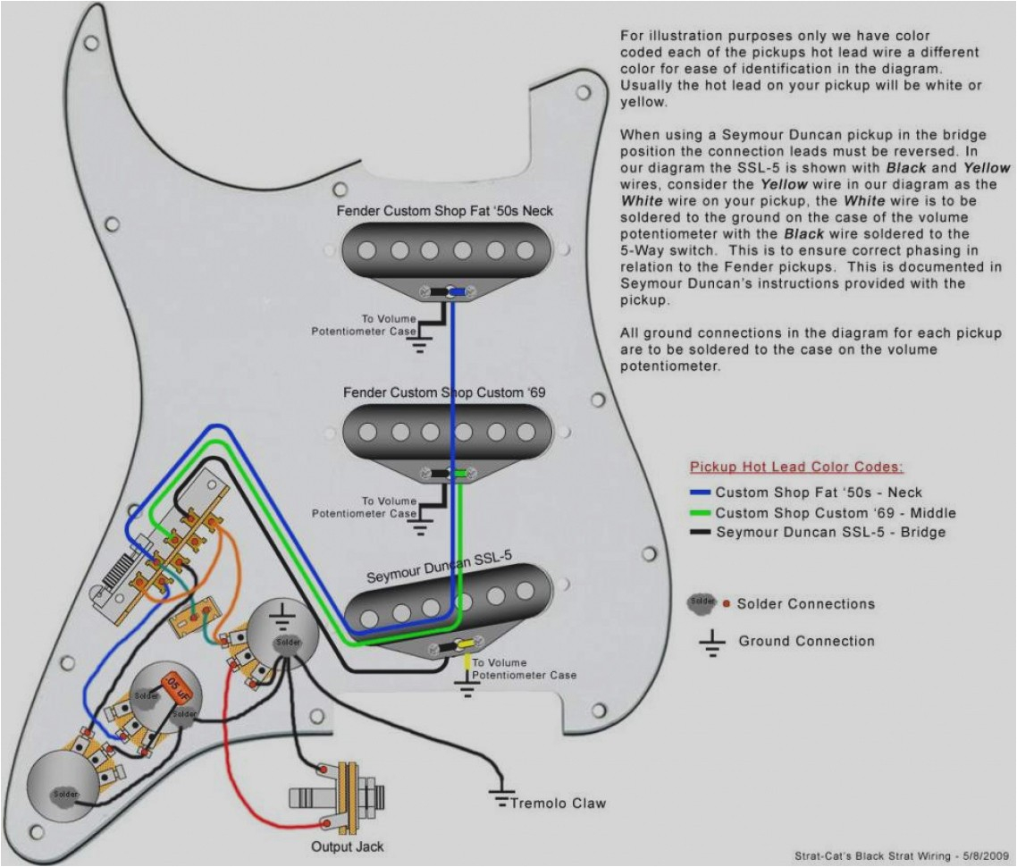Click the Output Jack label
point(348,846)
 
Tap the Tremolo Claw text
point(558,803)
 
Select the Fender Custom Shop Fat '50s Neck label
point(444,211)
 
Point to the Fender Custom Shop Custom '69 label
point(444,392)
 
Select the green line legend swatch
point(700,513)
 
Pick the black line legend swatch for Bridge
point(700,533)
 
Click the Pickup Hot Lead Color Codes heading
point(795,467)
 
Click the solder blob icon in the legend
point(702,603)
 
